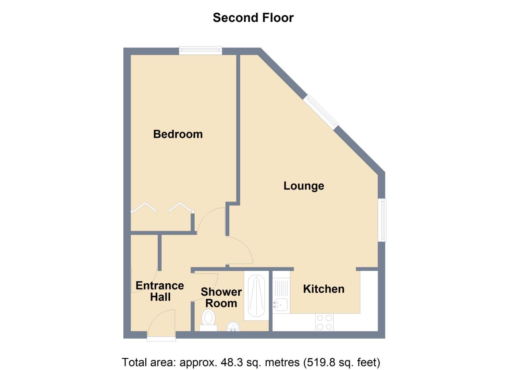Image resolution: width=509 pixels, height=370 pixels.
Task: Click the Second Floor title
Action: coord(253,17)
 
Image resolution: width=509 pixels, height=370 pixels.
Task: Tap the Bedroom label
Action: coord(178,134)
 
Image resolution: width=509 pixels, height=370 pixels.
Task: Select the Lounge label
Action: coord(304,186)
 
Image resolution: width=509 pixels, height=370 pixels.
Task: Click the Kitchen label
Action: coord(324,289)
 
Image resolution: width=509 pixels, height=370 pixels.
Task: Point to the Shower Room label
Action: coord(221,297)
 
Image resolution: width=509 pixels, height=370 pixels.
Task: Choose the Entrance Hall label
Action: coord(160,291)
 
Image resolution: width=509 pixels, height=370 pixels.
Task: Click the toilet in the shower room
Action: coord(208,319)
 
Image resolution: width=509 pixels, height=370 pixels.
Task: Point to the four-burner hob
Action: coord(324,322)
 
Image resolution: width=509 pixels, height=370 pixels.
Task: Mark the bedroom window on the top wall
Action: coord(201,51)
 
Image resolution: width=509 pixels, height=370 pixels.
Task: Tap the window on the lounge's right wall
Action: coord(382,220)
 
